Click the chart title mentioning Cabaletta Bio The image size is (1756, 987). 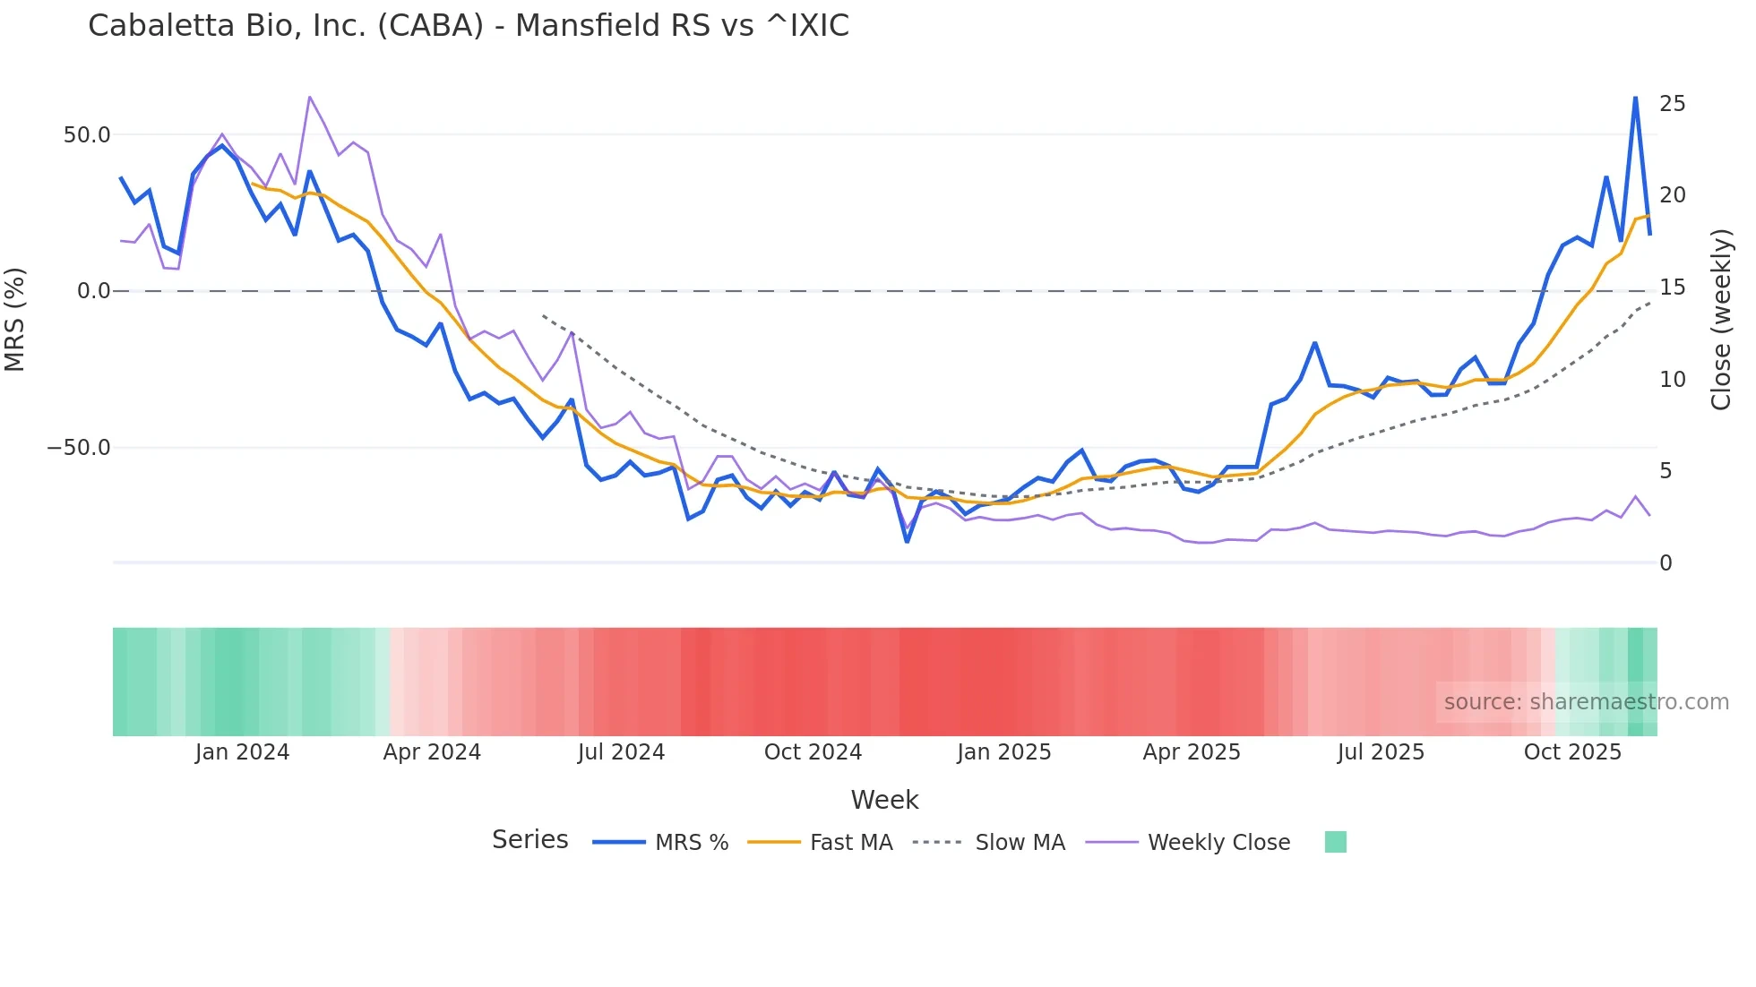tap(468, 26)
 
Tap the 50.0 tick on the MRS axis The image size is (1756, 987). tap(87, 135)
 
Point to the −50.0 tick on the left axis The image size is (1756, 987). tap(79, 448)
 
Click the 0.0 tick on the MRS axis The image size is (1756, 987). tap(93, 291)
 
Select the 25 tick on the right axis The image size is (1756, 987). tap(1672, 104)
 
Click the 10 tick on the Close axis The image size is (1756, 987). tap(1672, 380)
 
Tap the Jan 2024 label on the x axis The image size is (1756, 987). tap(242, 752)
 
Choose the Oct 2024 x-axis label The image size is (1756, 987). tap(813, 752)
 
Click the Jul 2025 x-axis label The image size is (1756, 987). tap(1381, 752)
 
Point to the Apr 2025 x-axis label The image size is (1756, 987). tap(1192, 752)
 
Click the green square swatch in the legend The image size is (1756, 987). tap(1335, 842)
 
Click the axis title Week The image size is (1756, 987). tap(884, 800)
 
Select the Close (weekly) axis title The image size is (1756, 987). tap(1720, 320)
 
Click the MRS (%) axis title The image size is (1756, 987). tap(15, 320)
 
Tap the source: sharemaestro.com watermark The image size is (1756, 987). tap(1586, 702)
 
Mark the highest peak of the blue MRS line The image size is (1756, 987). tap(1635, 98)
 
